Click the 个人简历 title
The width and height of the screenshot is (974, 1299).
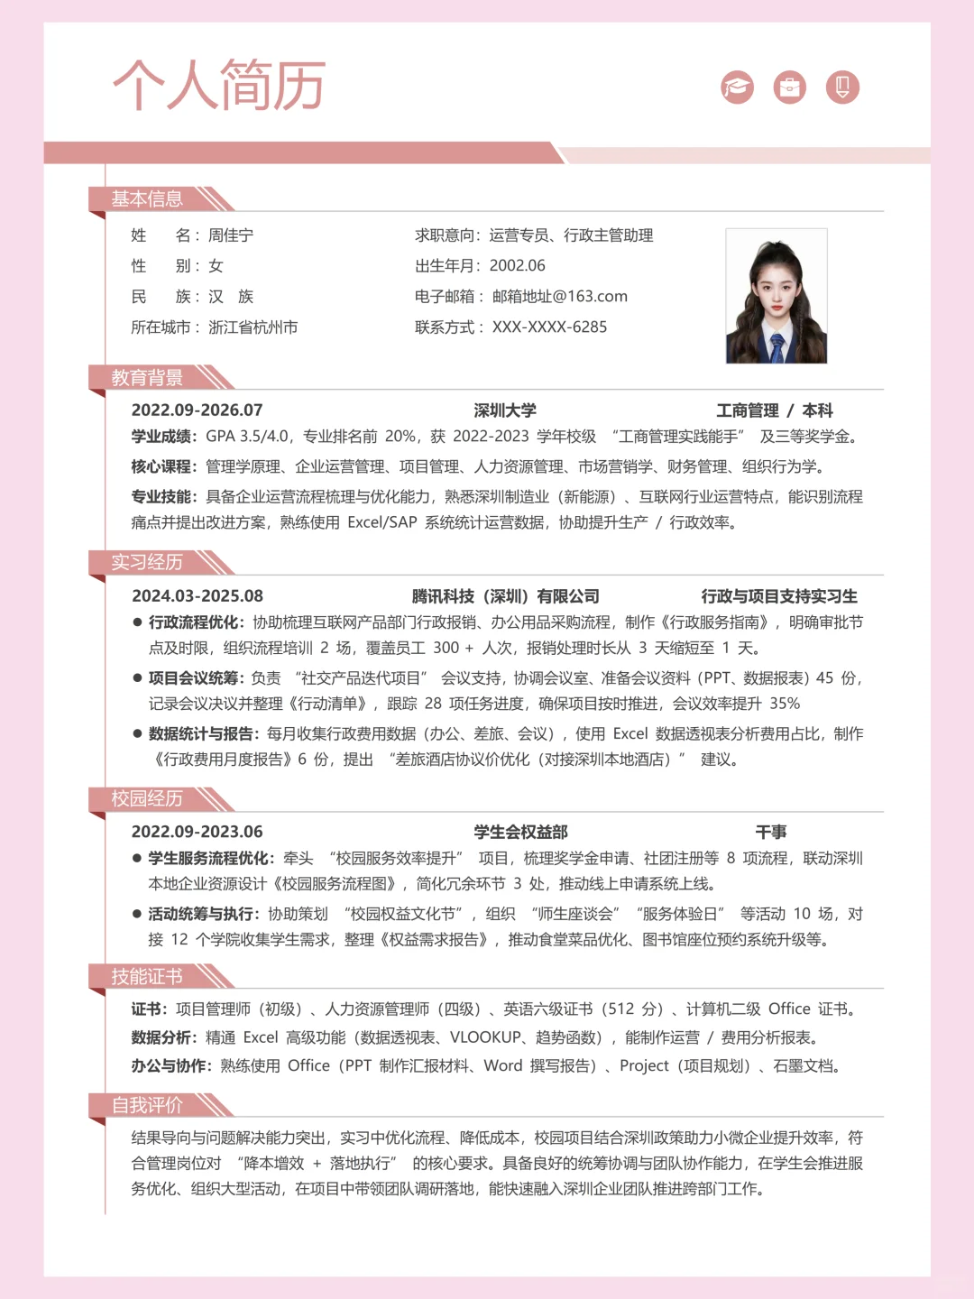[x=218, y=86]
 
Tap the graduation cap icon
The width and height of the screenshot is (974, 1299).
[x=737, y=87]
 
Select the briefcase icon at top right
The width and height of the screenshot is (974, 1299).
[x=789, y=87]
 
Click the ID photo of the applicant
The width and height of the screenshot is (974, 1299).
[x=776, y=296]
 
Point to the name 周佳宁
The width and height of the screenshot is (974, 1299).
[x=231, y=235]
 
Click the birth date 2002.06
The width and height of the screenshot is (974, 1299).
[x=517, y=265]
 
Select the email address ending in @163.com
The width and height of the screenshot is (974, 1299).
[x=559, y=296]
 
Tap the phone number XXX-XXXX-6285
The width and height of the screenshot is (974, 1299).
[x=549, y=327]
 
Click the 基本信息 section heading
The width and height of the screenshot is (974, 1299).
[x=147, y=198]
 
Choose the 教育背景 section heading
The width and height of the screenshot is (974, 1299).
[x=147, y=377]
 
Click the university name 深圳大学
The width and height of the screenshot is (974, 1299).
[x=505, y=410]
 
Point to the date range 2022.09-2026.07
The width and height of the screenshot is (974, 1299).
[x=197, y=410]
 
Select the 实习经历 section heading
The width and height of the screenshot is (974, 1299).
[x=147, y=562]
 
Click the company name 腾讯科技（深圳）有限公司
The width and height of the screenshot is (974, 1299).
[x=505, y=596]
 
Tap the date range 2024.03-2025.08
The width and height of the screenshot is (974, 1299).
[x=197, y=596]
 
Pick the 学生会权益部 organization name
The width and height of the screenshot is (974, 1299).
[x=520, y=832]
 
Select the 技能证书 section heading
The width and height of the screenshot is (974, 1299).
[x=147, y=976]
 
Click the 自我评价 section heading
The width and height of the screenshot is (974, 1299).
[x=147, y=1105]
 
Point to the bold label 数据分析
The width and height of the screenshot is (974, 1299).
[x=162, y=1037]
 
